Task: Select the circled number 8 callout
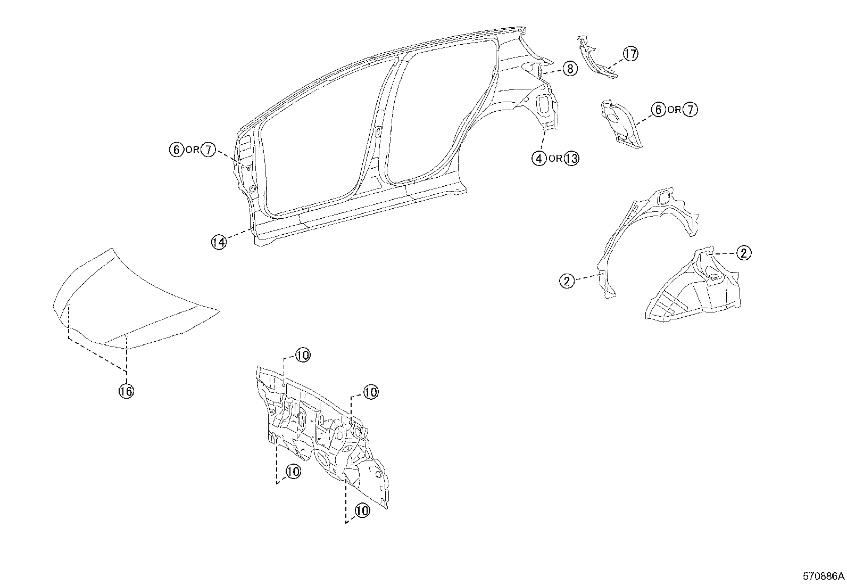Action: (x=570, y=68)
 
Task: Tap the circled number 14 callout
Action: (x=219, y=242)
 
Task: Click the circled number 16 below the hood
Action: (x=126, y=391)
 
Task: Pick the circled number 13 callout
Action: (x=571, y=158)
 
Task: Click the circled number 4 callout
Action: (x=539, y=158)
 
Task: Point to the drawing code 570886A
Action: (x=824, y=576)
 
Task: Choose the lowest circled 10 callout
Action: (x=362, y=510)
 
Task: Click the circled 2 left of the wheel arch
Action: (x=567, y=281)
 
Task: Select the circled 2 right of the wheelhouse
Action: (x=744, y=253)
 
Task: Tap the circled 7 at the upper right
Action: (x=690, y=110)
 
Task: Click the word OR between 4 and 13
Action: (x=555, y=159)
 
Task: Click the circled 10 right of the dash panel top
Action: (x=371, y=392)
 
